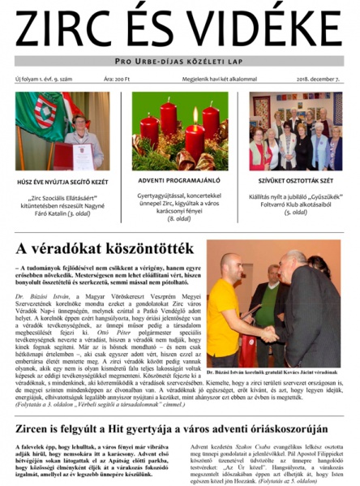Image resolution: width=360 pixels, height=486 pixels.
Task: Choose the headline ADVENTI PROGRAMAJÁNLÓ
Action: click(x=180, y=179)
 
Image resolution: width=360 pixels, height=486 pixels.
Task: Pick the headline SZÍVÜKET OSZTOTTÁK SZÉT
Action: click(x=296, y=181)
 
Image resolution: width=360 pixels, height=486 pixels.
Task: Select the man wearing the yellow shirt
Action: click(x=232, y=308)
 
